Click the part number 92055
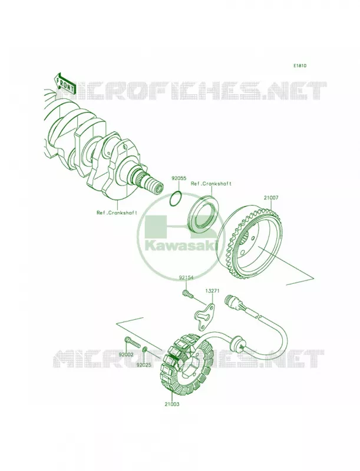[177, 178]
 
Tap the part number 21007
[271, 198]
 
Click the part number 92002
[126, 354]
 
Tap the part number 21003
[171, 404]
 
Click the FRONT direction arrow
[64, 82]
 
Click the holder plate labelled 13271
[204, 313]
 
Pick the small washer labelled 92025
[144, 349]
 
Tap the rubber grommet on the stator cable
[237, 342]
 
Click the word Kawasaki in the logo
[181, 246]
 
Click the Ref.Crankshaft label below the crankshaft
[117, 213]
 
